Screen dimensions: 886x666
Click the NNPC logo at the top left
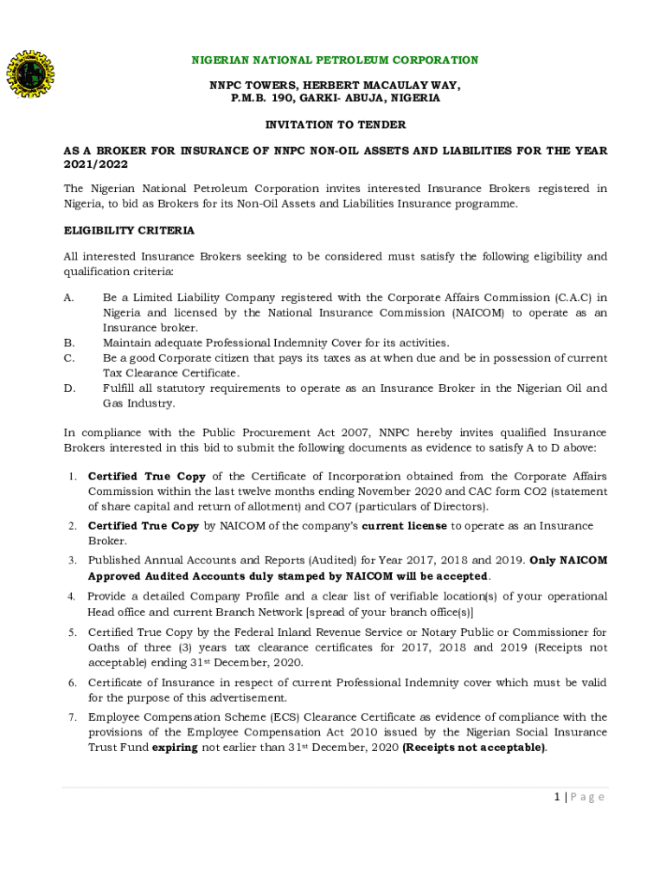(33, 78)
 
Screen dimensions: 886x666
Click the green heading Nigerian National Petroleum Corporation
(334, 61)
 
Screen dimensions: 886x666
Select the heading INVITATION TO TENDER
(335, 125)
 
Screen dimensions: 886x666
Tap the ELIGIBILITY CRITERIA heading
(129, 231)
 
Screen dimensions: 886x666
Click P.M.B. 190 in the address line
(260, 99)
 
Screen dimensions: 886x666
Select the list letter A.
(68, 298)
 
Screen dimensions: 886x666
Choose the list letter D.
(68, 388)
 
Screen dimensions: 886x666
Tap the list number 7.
(73, 717)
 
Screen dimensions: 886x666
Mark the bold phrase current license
(404, 526)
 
